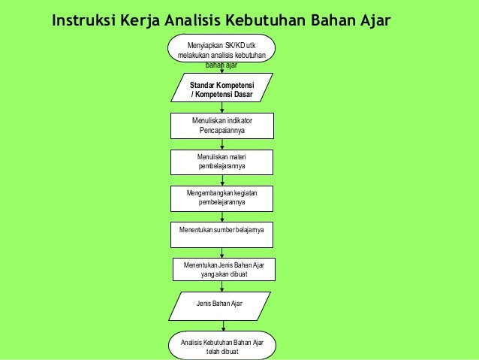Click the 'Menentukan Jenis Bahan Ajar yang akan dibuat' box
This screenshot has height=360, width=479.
click(x=224, y=269)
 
